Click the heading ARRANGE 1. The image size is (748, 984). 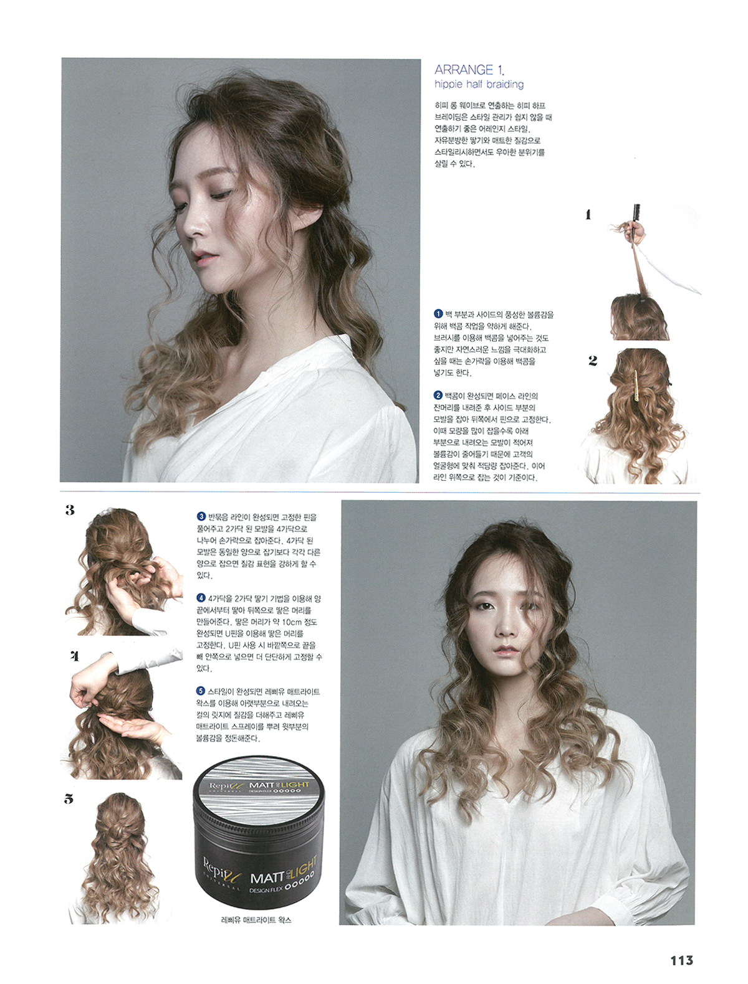[x=469, y=70]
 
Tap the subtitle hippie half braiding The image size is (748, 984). [x=479, y=84]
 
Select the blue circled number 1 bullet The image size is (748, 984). [x=438, y=314]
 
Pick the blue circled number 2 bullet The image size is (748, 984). [x=438, y=395]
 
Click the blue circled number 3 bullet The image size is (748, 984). [x=201, y=517]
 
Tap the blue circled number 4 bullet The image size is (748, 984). [x=201, y=598]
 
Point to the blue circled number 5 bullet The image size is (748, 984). [x=201, y=692]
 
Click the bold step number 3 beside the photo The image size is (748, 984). [x=70, y=510]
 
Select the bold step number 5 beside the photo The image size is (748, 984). [x=69, y=799]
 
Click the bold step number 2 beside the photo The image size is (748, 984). [x=593, y=361]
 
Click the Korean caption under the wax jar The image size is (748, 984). [x=256, y=920]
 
